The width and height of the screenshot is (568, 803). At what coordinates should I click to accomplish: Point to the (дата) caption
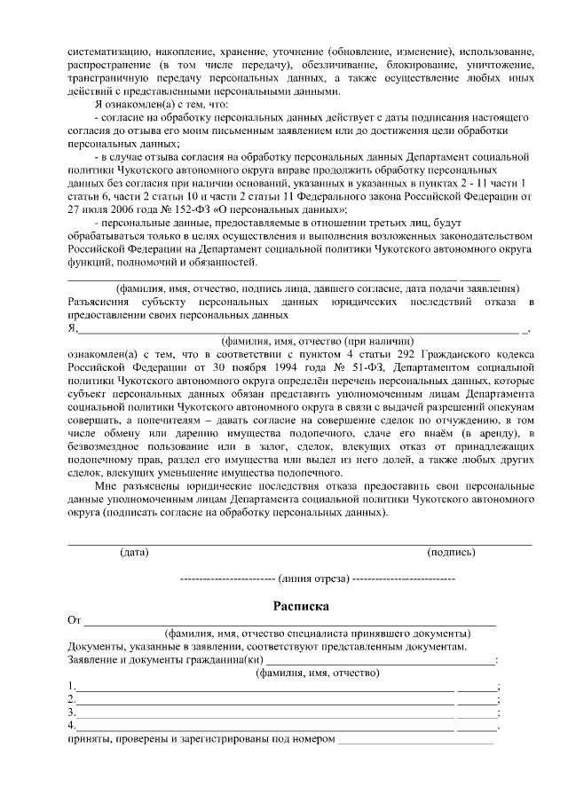[134, 551]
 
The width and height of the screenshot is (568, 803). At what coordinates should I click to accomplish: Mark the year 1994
[261, 366]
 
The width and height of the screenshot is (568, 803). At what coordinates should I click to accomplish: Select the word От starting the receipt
[75, 619]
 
